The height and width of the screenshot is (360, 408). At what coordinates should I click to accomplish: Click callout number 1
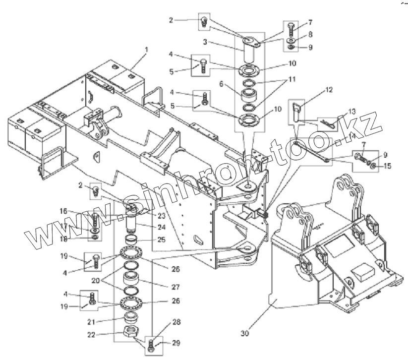tap(146, 50)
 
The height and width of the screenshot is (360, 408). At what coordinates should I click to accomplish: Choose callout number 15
tap(387, 166)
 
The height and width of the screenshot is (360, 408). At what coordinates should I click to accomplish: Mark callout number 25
tap(162, 240)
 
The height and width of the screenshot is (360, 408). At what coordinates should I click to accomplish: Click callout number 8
tap(310, 35)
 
